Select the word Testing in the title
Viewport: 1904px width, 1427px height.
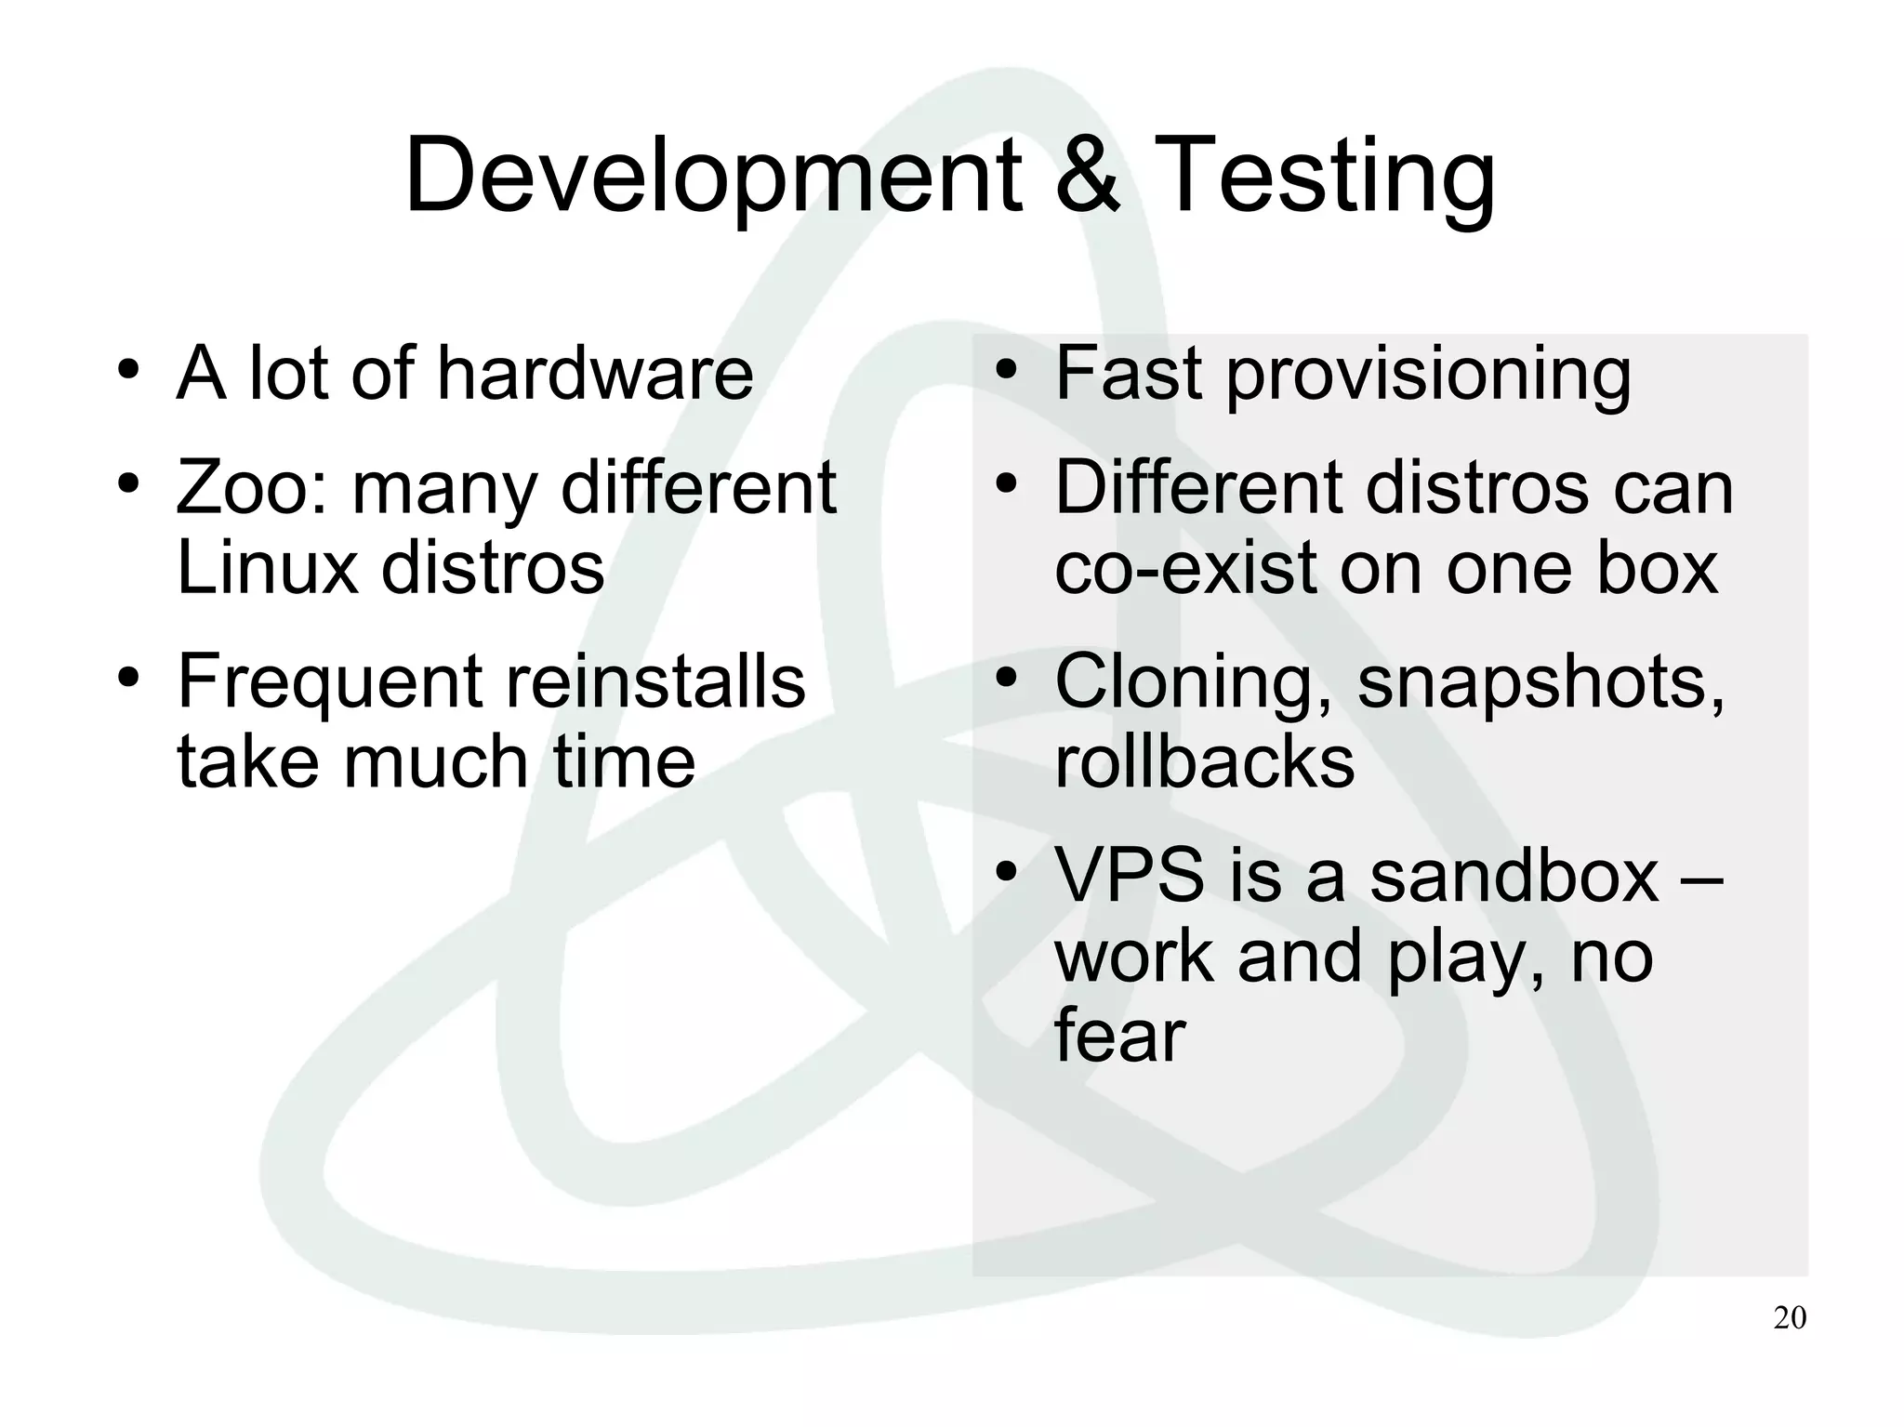[x=1329, y=177]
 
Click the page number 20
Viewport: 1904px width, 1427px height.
[x=1790, y=1318]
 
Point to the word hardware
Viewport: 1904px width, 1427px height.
[x=594, y=373]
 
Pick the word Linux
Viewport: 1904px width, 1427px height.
[x=267, y=568]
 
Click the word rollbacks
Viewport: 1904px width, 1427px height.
[x=1204, y=761]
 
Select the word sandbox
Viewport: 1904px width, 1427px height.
[x=1514, y=876]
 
